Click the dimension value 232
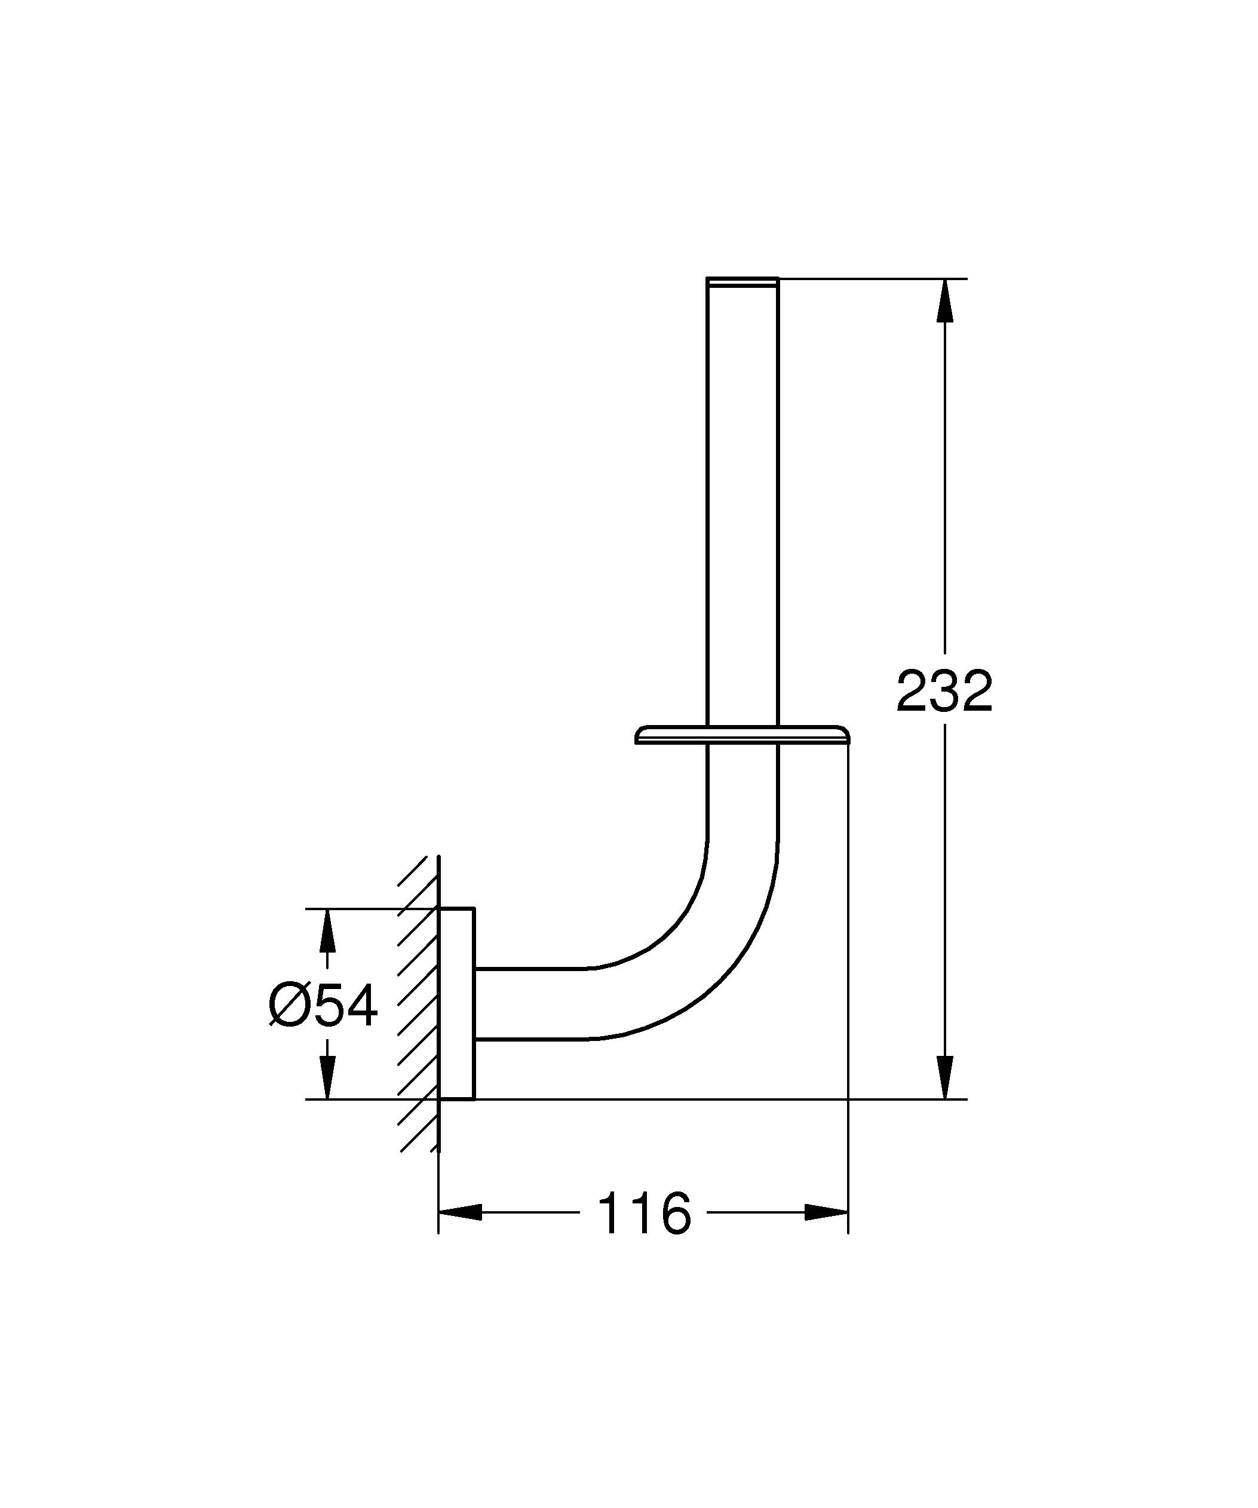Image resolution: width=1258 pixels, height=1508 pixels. click(x=944, y=692)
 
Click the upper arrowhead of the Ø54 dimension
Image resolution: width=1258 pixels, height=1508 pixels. click(x=327, y=930)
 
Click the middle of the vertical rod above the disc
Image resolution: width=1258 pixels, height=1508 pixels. click(x=742, y=503)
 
